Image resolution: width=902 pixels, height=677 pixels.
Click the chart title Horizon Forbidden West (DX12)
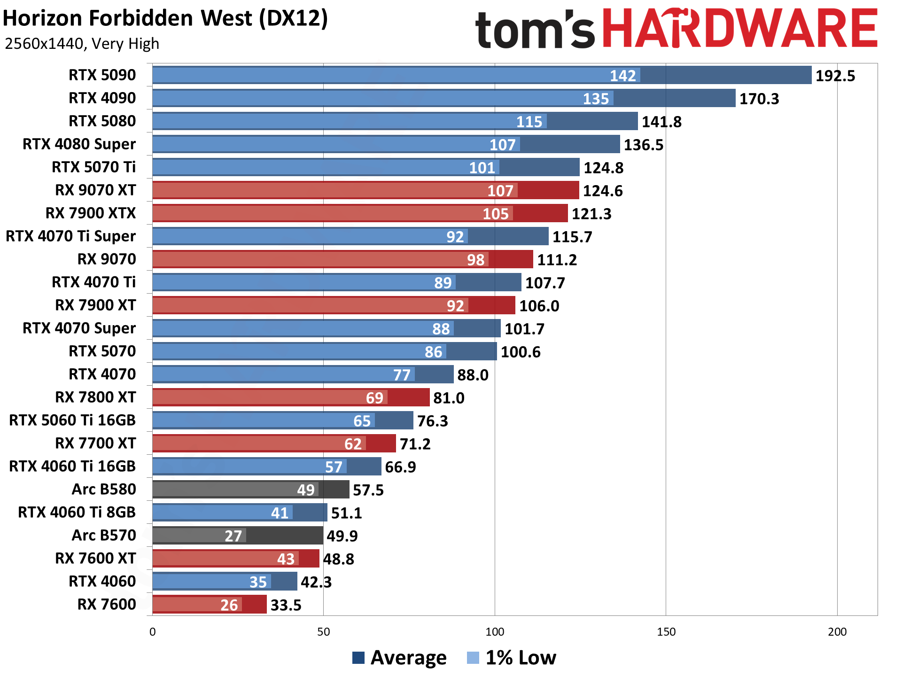(x=165, y=19)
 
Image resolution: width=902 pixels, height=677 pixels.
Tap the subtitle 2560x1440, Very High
(x=82, y=44)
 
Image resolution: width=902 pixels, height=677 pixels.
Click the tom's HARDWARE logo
(x=676, y=29)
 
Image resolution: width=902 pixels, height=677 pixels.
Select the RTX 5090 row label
(x=102, y=75)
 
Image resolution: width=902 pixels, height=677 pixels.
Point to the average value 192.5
(x=835, y=76)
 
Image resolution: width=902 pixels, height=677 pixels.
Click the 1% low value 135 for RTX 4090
(x=596, y=99)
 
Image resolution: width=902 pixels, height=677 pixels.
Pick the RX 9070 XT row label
(x=95, y=190)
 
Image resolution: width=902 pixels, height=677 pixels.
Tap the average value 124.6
(x=603, y=191)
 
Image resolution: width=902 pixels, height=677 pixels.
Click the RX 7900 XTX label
(x=91, y=213)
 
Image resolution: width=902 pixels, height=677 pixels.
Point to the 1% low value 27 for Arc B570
(x=233, y=536)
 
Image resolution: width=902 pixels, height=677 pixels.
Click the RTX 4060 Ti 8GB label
(x=77, y=512)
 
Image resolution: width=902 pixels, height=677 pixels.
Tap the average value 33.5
(x=286, y=605)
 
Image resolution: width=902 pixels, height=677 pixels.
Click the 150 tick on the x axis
(x=666, y=632)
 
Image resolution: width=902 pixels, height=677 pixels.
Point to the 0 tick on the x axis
(x=153, y=632)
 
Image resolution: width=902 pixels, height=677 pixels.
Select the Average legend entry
(x=399, y=658)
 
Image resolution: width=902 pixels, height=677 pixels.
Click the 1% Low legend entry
(x=512, y=658)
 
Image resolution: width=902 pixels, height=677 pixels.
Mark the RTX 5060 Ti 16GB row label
(x=72, y=420)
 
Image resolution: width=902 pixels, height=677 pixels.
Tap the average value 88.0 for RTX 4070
(x=473, y=375)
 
